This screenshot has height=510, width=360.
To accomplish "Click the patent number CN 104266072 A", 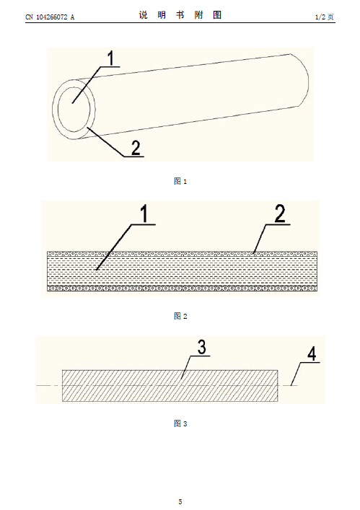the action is pos(50,17).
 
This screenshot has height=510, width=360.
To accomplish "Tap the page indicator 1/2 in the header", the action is pos(320,17).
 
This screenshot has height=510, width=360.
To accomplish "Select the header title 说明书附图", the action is pos(180,15).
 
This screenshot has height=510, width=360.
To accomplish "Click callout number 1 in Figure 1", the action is pos(111,58).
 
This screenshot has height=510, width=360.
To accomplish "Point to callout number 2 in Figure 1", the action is pos(136,148).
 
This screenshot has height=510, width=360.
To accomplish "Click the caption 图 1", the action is pos(180,181).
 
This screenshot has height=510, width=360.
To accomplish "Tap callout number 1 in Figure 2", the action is pos(144,214).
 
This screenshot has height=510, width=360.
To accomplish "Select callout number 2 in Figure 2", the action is pos(280,214).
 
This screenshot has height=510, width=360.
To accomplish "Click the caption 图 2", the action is pos(180,316).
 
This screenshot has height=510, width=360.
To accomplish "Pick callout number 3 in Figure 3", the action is pos(202,348).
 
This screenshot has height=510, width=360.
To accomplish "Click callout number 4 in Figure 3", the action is pos(312,353).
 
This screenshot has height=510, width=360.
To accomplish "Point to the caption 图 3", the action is pos(180,423).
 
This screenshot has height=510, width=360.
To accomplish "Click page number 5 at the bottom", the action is pos(180,501).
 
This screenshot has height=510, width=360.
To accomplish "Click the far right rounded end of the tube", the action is pos(308,80).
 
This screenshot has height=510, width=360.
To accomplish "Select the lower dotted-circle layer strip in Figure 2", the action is pos(183,289).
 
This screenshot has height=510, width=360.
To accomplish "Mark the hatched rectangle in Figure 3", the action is pos(170,386).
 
